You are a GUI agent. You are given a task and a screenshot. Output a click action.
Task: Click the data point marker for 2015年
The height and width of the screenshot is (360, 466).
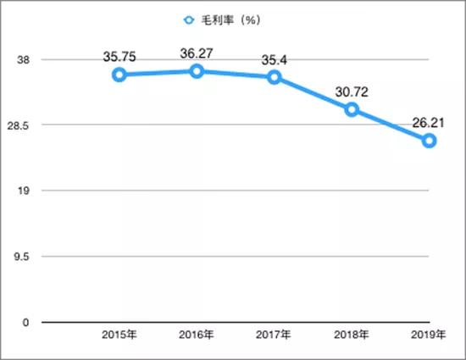119,75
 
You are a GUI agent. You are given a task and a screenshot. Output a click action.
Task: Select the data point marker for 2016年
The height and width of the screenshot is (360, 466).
197,71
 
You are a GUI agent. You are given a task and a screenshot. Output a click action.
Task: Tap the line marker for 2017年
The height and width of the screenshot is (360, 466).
274,77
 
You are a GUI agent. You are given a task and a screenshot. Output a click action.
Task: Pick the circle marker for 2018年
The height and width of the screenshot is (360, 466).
352,109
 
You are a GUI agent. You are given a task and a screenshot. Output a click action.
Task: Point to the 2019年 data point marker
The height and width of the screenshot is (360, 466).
430,141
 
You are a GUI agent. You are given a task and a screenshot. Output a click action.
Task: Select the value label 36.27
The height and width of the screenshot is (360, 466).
197,54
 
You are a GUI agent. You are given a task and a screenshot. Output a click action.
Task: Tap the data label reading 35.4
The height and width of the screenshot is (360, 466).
274,60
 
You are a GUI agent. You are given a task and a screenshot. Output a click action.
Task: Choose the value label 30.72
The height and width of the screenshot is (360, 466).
352,92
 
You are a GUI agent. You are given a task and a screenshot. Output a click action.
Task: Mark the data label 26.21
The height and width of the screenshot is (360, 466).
430,124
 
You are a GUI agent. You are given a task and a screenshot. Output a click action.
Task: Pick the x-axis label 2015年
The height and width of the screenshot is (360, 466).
119,335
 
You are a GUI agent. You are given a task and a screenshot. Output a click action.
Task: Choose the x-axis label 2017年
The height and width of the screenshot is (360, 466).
274,335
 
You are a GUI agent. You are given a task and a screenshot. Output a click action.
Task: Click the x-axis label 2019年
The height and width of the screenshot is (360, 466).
430,335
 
